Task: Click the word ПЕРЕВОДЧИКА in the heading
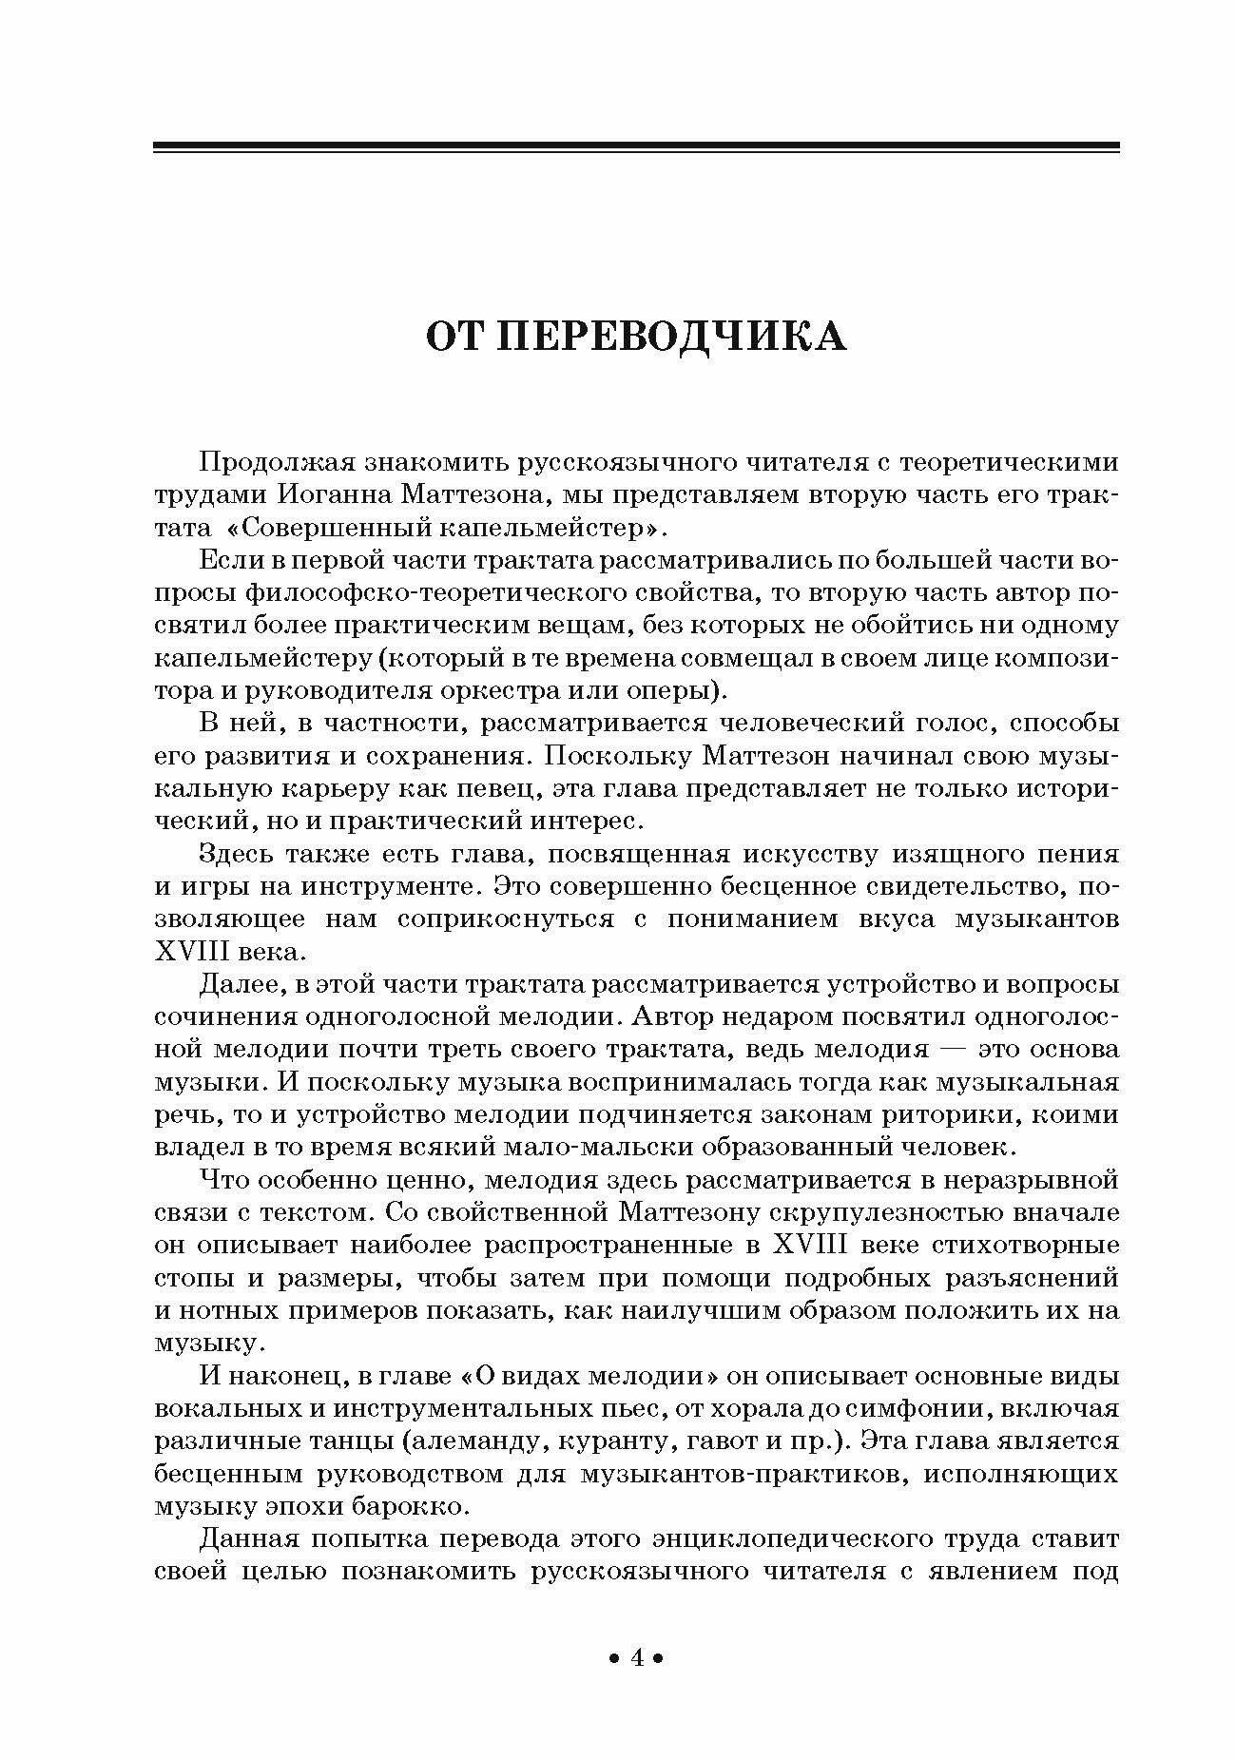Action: point(673,336)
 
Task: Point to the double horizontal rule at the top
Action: point(636,147)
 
